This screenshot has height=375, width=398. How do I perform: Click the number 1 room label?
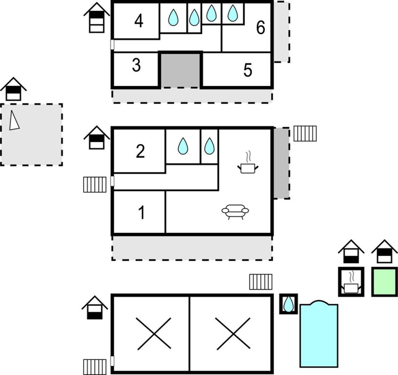142,212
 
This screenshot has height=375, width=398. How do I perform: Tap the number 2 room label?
140,151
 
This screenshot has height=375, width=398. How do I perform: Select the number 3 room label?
136,65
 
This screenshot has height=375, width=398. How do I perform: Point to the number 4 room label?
139,21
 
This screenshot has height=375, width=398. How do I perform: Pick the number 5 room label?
248,70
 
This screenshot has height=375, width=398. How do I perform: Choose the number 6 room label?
261,27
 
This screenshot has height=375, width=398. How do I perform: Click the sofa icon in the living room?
235,211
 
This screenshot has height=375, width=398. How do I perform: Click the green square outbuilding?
384,282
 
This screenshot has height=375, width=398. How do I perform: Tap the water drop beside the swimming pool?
288,304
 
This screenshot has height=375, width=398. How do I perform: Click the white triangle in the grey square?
14,120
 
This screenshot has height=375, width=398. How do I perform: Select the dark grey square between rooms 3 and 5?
180,70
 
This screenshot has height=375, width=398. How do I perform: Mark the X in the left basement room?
153,333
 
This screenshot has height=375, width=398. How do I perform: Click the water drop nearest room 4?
173,17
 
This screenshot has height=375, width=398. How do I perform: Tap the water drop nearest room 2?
183,146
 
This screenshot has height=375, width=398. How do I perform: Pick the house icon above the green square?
384,251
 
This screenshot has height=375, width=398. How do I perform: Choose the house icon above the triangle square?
13,89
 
